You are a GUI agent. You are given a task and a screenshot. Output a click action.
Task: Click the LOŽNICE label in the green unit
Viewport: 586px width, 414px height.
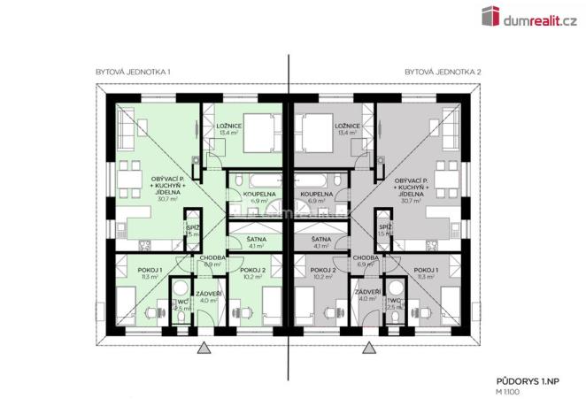point(229,126)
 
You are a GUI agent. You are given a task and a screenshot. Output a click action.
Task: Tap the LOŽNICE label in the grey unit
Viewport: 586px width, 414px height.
point(346,126)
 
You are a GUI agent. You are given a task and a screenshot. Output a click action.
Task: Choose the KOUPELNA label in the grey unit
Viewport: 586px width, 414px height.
point(316,193)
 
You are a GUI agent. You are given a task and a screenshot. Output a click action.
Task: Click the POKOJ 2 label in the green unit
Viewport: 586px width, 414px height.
point(252,270)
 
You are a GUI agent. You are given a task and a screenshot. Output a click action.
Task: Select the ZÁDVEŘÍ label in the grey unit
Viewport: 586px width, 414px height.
point(366,292)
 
